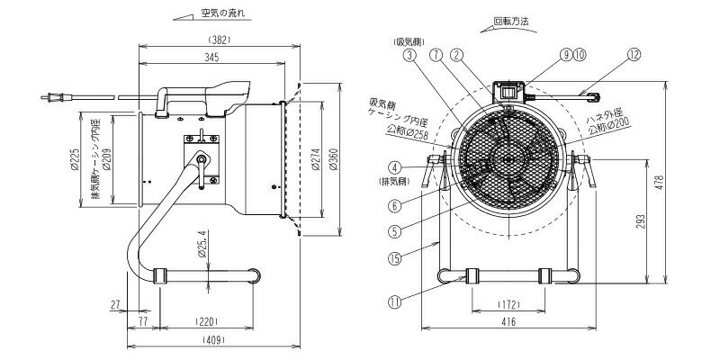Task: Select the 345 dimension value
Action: [211, 57]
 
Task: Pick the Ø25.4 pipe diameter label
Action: [204, 242]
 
